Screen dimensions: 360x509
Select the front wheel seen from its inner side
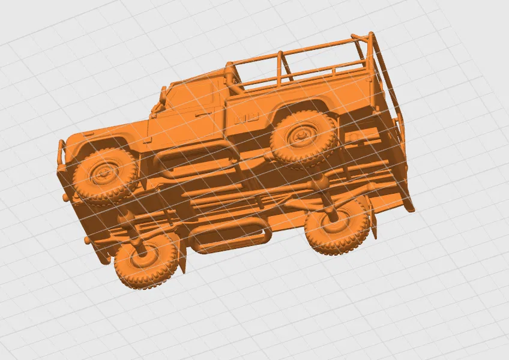coord(146,262)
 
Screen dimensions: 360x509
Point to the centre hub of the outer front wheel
coord(103,173)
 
